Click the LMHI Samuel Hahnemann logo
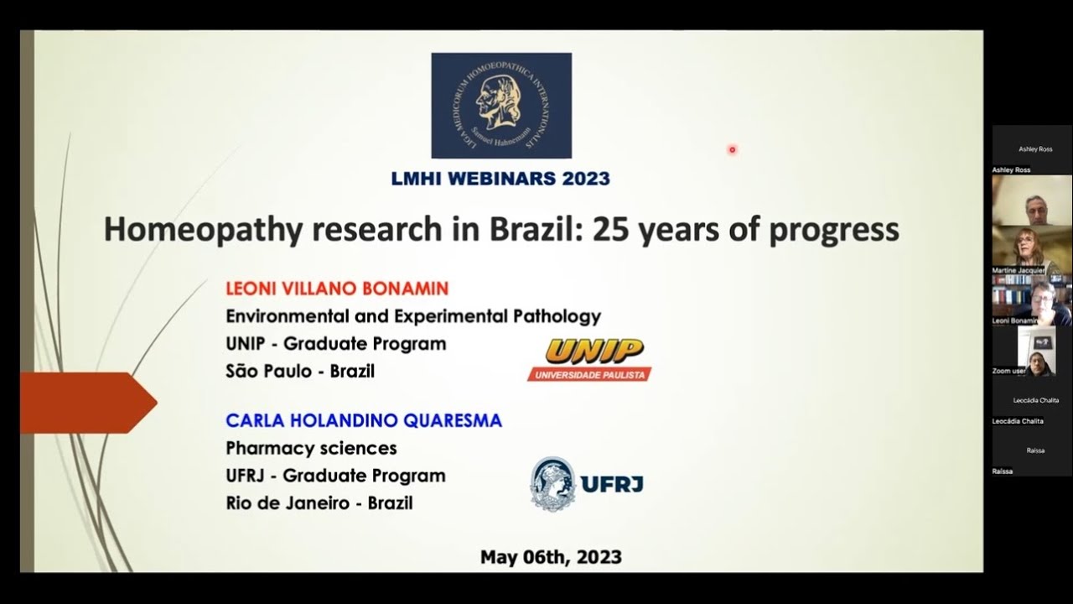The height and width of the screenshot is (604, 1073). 501,106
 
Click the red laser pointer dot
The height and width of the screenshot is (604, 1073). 732,150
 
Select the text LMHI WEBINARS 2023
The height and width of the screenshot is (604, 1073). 500,179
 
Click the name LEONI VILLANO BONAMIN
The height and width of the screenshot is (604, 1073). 337,289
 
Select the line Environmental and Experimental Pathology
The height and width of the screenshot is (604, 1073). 413,316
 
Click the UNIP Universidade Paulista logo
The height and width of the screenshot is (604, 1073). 589,359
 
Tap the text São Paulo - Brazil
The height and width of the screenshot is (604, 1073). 300,371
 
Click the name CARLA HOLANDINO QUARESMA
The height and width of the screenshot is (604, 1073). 364,420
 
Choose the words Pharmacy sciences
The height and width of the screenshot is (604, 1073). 311,449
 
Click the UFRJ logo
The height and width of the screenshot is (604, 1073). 587,484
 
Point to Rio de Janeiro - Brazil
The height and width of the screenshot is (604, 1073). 319,503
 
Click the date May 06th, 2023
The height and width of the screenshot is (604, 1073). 551,558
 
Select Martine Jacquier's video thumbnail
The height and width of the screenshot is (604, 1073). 1031,249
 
